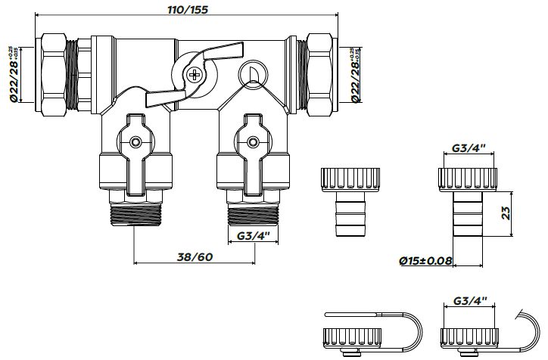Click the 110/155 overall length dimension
[x=188, y=10]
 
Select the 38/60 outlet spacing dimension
[x=194, y=256]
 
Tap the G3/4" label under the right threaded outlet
[x=253, y=236]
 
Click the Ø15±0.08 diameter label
[x=425, y=261]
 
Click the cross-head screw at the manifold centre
[x=195, y=74]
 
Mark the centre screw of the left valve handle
[x=135, y=141]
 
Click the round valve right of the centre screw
[x=249, y=74]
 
